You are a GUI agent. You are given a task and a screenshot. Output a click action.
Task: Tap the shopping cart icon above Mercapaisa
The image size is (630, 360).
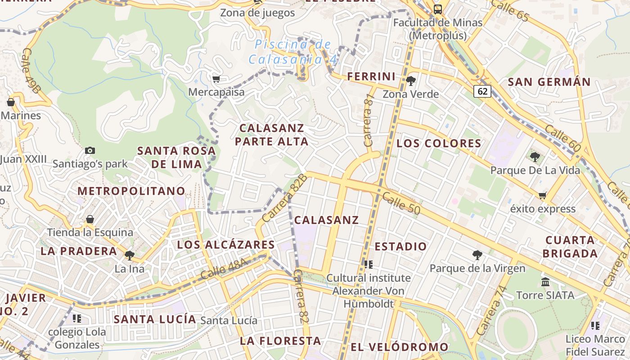(216, 79)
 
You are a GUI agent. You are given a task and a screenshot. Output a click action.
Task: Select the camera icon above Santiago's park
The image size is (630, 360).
(90, 150)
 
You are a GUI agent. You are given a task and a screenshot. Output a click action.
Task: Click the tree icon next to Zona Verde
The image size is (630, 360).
(410, 81)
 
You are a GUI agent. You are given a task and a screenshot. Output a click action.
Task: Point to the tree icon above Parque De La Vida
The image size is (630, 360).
(535, 157)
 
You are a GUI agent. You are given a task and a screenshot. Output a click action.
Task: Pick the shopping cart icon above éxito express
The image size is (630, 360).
(543, 195)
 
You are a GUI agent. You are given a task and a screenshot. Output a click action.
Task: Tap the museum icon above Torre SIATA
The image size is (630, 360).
(545, 282)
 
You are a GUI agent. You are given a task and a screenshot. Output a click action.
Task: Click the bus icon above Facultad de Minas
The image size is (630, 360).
(437, 9)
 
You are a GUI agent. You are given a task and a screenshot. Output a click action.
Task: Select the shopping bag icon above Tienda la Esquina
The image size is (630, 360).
(90, 219)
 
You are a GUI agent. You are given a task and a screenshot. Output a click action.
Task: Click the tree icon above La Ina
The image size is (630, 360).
(130, 256)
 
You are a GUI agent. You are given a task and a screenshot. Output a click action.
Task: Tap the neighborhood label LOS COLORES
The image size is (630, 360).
(439, 144)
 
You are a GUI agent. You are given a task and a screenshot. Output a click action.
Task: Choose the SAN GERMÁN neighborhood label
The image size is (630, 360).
(549, 82)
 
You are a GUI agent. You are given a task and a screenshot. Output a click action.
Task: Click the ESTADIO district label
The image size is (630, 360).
(400, 247)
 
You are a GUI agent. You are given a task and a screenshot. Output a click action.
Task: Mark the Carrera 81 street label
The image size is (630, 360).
(369, 120)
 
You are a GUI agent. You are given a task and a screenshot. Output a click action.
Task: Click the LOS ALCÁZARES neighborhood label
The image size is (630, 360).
(225, 245)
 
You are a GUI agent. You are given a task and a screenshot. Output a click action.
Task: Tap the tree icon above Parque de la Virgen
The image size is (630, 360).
(477, 255)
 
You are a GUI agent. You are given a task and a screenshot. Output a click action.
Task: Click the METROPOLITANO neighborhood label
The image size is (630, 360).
(131, 191)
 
